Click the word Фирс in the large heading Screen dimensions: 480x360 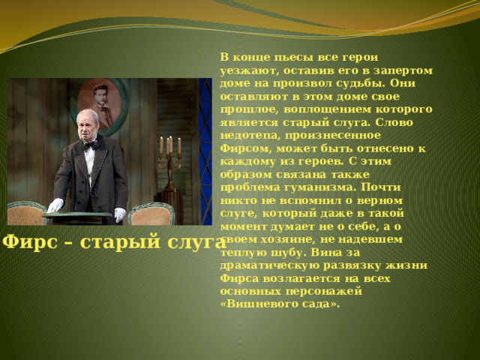[30, 242]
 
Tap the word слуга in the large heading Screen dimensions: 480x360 [196, 242]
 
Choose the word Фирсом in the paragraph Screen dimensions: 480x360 [246, 148]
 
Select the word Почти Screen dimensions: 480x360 [381, 187]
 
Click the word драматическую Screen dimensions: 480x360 [270, 265]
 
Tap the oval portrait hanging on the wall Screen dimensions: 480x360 [99, 106]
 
